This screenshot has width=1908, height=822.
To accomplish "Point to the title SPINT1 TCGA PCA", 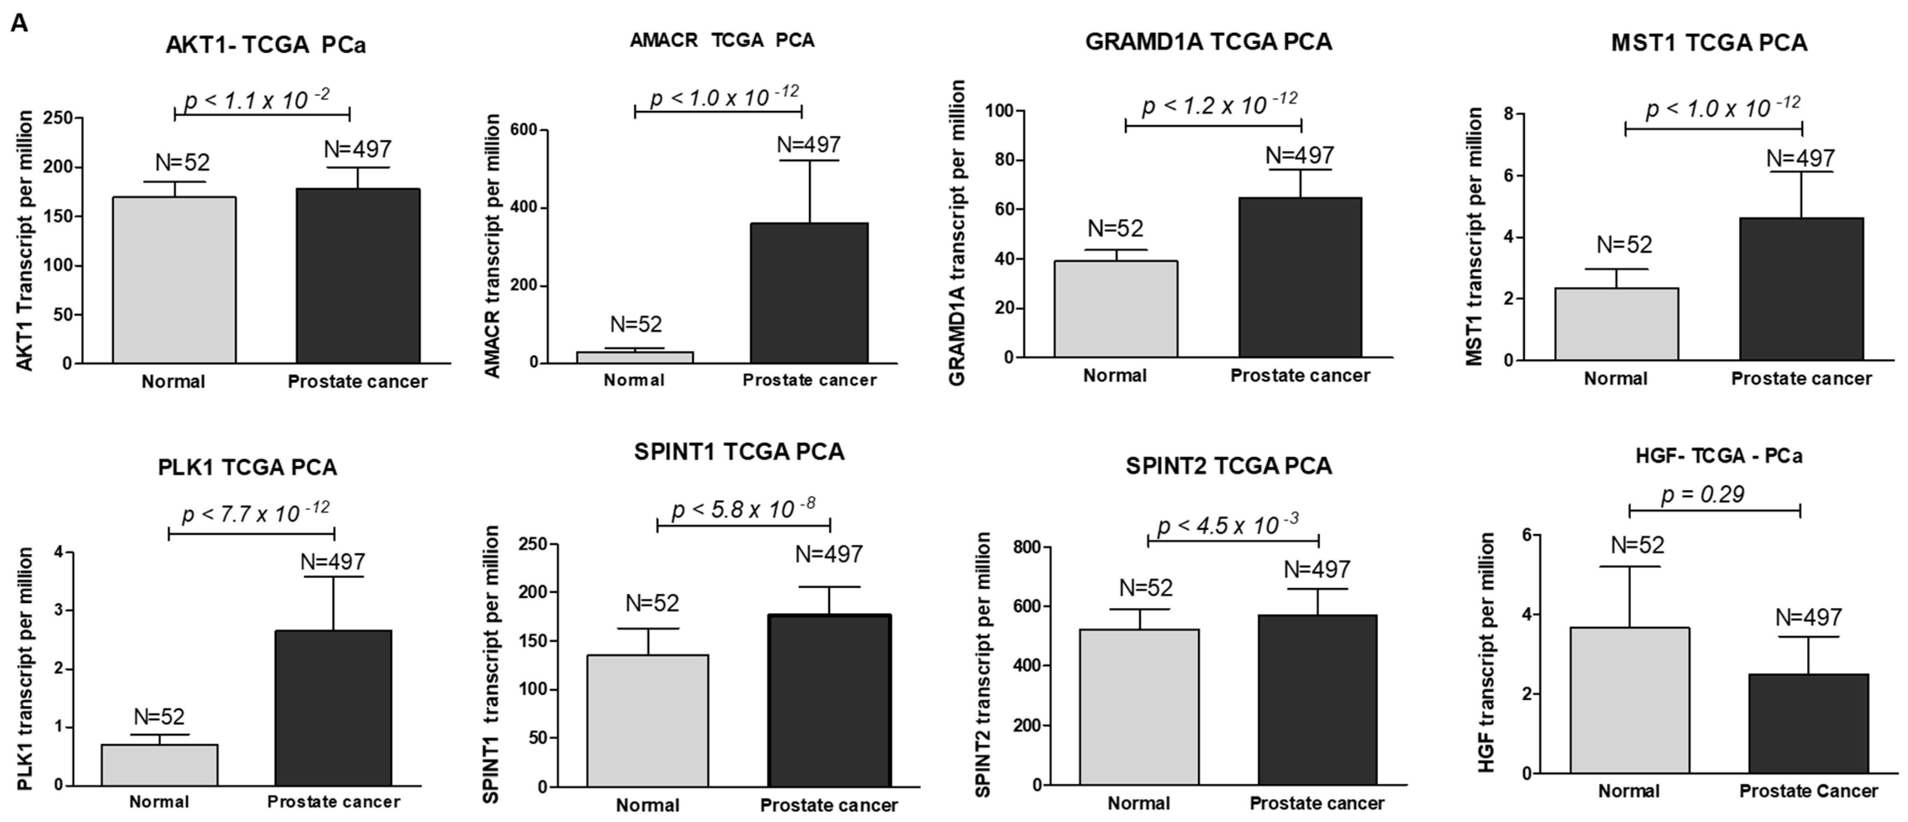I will pos(739,452).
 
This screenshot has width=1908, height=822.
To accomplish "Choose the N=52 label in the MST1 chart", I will pos(1624,245).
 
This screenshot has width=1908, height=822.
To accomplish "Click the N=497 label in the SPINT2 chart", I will pos(1316,569).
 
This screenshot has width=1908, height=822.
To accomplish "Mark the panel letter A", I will pos(19,24).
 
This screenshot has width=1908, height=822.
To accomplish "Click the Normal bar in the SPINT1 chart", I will pos(647,721).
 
